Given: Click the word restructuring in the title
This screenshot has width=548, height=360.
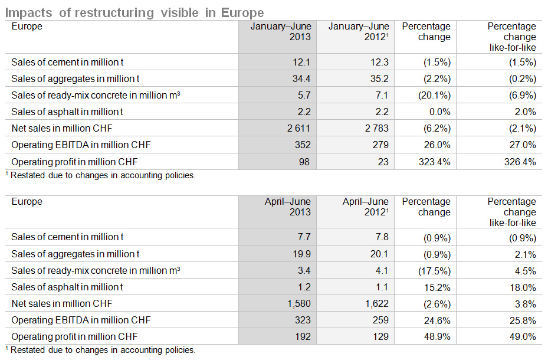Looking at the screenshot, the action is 114,13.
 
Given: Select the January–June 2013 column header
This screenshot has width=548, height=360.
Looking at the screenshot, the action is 281,31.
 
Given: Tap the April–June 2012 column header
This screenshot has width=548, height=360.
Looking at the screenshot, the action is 365,207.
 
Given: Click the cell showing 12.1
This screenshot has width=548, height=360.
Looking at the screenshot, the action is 301,62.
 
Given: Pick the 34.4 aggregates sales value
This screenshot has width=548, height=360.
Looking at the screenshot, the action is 301,78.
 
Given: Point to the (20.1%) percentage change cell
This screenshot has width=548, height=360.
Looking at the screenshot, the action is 434,96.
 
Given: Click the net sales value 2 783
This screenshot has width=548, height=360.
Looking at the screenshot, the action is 377,128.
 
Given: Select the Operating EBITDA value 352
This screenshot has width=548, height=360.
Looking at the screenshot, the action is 303,145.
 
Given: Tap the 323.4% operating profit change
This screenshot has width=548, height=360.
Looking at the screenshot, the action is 434,162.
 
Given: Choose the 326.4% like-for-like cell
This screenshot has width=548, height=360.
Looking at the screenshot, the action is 520,162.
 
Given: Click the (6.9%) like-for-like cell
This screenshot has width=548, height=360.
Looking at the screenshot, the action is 523,96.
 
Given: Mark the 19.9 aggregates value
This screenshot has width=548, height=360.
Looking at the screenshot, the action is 301,254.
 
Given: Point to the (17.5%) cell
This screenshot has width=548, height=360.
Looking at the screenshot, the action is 434,271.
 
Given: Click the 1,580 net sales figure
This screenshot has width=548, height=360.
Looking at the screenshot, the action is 299,304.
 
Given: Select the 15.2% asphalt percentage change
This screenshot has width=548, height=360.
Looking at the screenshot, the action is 437,287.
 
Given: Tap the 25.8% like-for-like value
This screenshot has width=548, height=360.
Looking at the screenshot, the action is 523,320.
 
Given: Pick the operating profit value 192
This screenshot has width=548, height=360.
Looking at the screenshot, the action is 303,336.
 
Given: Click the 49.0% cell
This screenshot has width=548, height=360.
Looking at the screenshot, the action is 523,336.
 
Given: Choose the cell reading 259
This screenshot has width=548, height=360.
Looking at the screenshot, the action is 380,320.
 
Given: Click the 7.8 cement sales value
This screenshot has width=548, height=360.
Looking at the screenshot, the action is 382,237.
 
